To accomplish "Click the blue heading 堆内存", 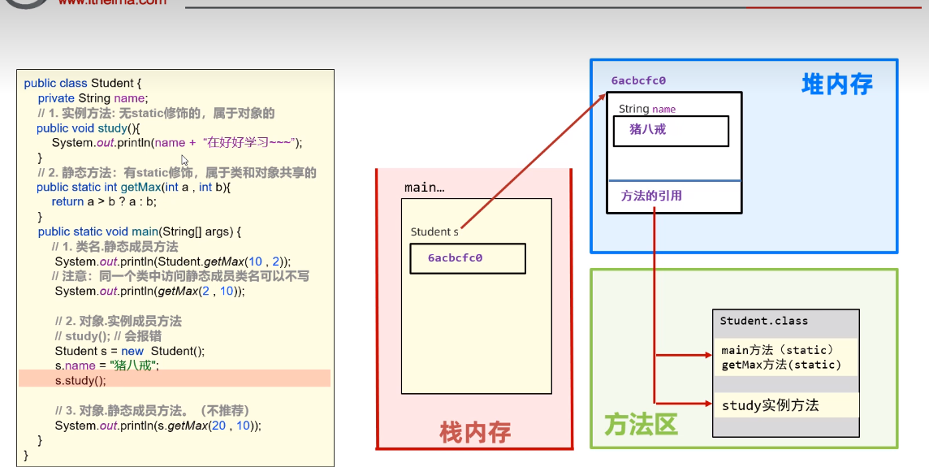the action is (x=836, y=84).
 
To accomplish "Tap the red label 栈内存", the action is (x=475, y=431).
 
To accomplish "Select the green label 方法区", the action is (x=641, y=424).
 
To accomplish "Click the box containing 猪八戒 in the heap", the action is (x=671, y=131).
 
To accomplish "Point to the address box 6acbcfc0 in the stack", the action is (x=467, y=258).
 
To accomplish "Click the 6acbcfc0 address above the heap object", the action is (x=638, y=80).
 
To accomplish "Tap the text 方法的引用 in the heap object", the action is (x=651, y=196).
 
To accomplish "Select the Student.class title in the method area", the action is (x=763, y=321).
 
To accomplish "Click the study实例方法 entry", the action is (x=770, y=404).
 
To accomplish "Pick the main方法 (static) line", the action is (x=777, y=351).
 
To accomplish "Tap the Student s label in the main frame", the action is (x=434, y=231).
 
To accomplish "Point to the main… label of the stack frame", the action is (x=424, y=188).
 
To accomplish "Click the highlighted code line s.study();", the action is (x=80, y=380).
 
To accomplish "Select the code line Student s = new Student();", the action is (x=130, y=351).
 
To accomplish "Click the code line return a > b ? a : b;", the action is (x=104, y=201).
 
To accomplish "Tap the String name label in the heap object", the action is (x=646, y=109).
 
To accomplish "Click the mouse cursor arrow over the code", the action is (x=184, y=160).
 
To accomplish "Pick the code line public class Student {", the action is (x=83, y=83).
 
